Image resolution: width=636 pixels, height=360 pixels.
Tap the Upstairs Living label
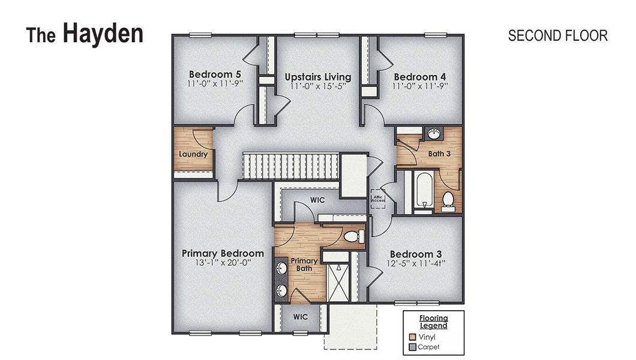click(x=317, y=77)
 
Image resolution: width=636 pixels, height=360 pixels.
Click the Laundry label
click(x=193, y=154)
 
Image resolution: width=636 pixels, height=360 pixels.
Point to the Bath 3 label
click(x=439, y=154)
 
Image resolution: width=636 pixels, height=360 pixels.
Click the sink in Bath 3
click(x=434, y=133)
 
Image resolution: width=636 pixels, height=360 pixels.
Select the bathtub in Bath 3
click(x=424, y=190)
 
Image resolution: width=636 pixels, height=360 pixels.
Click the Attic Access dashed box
click(x=377, y=198)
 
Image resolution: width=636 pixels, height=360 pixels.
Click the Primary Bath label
click(x=304, y=265)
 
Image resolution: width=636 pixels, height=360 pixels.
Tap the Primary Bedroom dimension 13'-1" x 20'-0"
click(x=223, y=263)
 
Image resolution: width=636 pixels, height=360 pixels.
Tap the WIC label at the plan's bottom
click(x=301, y=316)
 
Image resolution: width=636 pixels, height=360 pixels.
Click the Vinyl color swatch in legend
click(x=412, y=337)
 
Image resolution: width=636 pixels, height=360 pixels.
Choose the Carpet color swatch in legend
click(x=412, y=347)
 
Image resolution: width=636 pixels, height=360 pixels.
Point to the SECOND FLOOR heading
click(x=557, y=35)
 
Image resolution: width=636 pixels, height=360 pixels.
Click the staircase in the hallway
click(x=290, y=166)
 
